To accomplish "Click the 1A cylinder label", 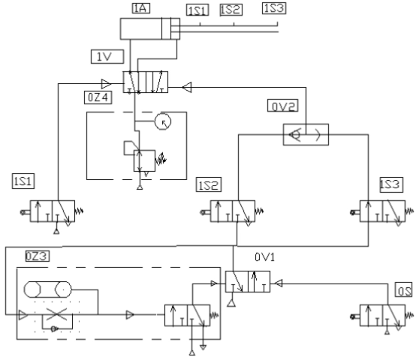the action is [141, 8].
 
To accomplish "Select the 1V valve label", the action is [107, 56].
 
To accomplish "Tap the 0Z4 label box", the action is [98, 97].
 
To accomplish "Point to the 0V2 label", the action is [283, 106].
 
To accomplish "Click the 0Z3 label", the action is [37, 256].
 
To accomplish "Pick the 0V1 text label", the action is [265, 257].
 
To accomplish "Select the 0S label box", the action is [404, 289].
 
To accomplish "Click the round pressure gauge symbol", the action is [163, 121].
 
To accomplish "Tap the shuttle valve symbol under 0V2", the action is [306, 134].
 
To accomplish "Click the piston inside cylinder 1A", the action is [167, 28].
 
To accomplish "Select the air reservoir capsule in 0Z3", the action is [48, 289].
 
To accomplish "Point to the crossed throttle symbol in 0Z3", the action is [56, 314].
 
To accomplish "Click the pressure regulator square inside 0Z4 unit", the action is [144, 160].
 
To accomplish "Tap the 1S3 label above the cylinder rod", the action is [274, 8].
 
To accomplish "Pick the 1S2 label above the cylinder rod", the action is [231, 10].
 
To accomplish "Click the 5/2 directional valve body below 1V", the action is [146, 82].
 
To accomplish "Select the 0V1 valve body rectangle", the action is [248, 281].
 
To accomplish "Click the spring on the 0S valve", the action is [409, 316].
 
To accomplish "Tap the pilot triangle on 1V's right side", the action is [187, 88].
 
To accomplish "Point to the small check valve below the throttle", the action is [54, 329].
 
